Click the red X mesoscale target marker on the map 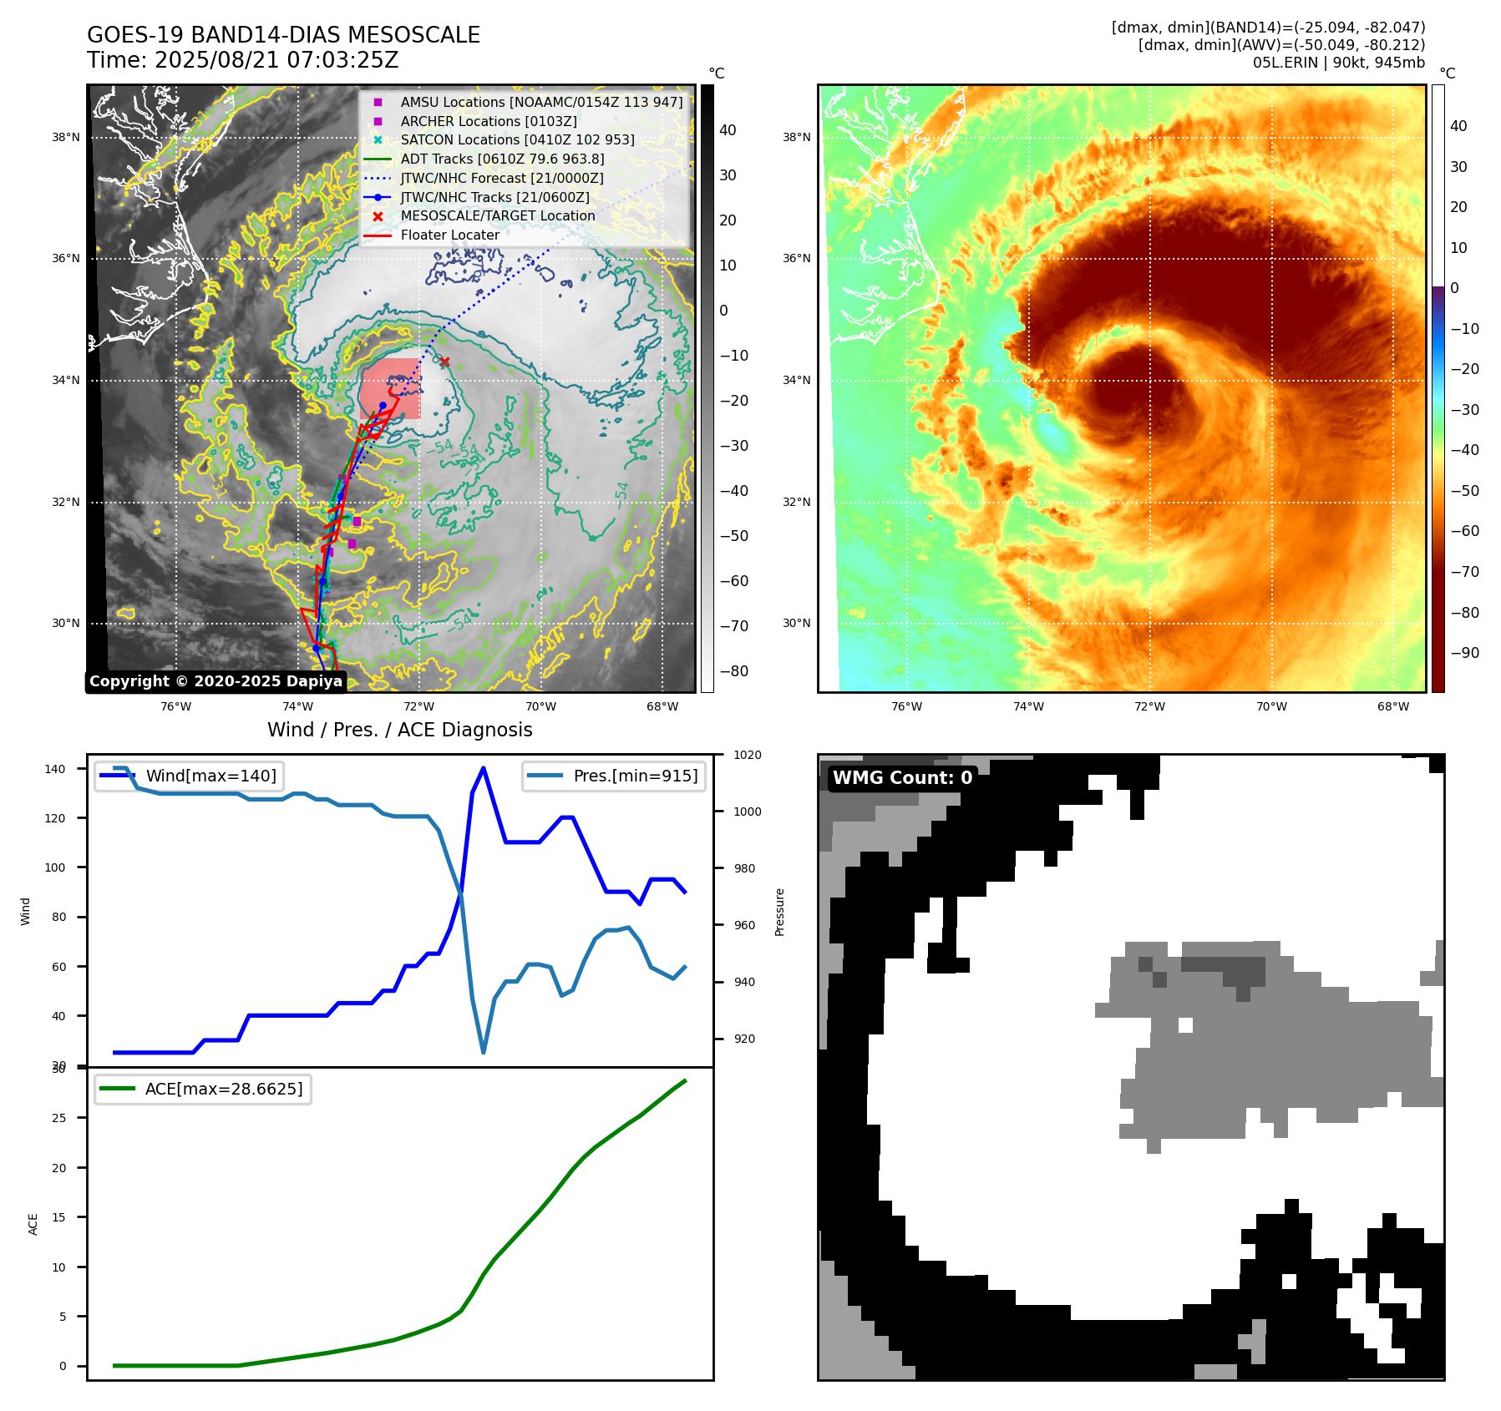(444, 362)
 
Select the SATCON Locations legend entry (517, 140)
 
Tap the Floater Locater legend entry (449, 235)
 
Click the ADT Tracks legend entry (502, 159)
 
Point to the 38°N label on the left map (66, 138)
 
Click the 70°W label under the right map (1271, 707)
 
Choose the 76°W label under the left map (175, 707)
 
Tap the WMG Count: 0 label (902, 778)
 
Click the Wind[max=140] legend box (189, 776)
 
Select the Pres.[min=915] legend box (614, 776)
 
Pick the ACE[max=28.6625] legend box (203, 1089)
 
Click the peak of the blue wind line (484, 768)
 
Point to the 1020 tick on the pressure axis (748, 756)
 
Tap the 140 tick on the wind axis (55, 769)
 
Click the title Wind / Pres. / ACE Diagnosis (399, 730)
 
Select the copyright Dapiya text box (216, 681)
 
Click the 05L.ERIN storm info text (1338, 63)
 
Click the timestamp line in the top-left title (242, 60)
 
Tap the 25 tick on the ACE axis (58, 1118)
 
